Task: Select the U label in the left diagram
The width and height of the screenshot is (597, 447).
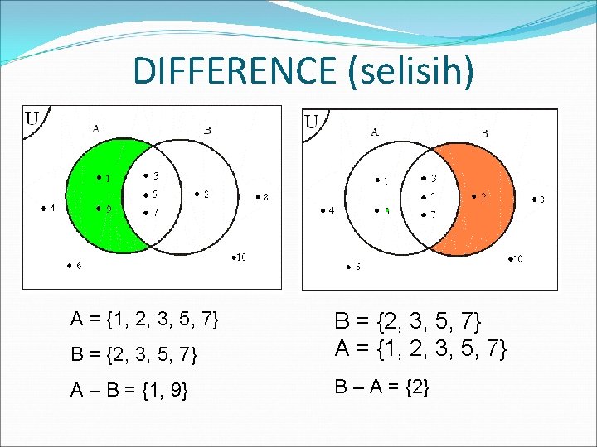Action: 33,118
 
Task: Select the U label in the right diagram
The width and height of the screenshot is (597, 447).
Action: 313,122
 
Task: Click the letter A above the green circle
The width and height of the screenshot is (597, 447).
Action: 96,128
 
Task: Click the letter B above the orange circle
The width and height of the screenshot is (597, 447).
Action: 484,132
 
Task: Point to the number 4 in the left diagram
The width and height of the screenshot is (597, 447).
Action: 53,209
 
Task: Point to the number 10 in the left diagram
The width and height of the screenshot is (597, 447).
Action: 240,257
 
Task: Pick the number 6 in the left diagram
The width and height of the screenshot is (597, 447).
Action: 78,266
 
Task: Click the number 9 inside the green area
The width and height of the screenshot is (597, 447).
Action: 109,209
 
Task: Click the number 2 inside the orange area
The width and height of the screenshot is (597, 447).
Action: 483,197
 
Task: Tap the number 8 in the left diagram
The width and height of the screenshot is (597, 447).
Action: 265,197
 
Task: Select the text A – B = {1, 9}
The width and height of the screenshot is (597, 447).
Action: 129,390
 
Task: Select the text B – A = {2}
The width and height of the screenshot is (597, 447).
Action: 381,386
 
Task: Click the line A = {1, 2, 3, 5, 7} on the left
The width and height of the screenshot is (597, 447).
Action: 144,319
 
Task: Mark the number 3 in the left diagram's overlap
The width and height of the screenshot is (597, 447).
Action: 155,175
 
